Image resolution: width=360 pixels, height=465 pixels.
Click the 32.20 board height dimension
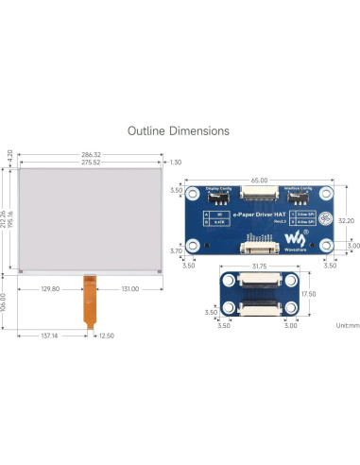347,220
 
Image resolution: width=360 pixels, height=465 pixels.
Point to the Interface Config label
297,189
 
